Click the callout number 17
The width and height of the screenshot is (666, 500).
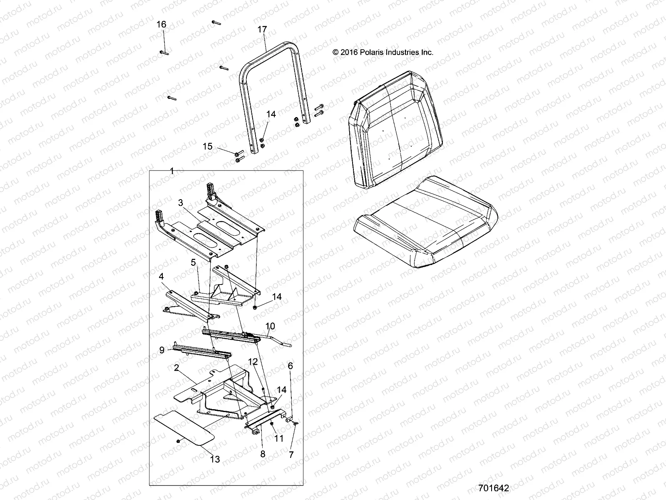[262, 30]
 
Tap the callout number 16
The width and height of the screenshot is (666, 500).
[161, 25]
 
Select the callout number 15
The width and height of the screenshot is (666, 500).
[207, 147]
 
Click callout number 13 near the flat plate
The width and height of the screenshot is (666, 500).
[215, 459]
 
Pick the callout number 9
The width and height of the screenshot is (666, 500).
[162, 350]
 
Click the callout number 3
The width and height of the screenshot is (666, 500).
[180, 202]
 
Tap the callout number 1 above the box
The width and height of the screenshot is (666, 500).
[172, 171]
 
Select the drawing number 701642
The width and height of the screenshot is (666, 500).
[494, 488]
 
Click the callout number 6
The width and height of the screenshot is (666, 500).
[290, 366]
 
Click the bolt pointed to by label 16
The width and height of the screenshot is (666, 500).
[164, 52]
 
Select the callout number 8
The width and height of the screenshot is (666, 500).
[263, 454]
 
